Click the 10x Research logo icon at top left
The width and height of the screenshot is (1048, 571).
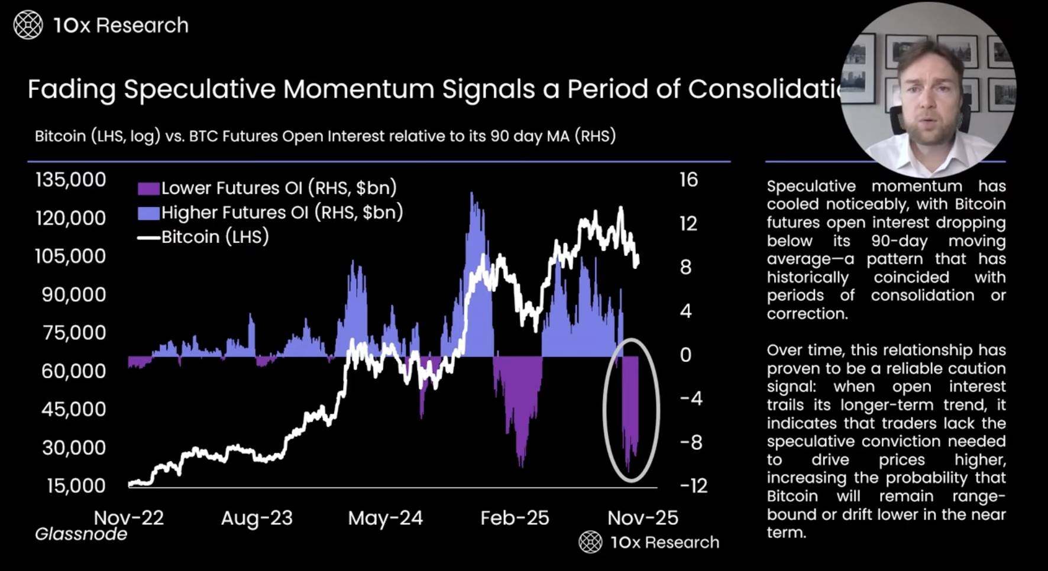(28, 25)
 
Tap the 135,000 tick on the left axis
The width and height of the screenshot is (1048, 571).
(71, 180)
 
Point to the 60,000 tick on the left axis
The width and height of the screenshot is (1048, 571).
(74, 371)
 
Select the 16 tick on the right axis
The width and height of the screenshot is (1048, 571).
(688, 180)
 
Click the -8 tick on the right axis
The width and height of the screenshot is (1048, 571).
(691, 442)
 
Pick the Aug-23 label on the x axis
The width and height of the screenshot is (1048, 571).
(257, 518)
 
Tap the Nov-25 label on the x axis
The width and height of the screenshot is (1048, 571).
(642, 518)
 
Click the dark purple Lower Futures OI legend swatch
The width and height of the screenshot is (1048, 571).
(148, 189)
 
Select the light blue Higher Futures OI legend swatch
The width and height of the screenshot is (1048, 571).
(148, 213)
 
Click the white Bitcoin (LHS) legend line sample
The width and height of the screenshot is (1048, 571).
(148, 238)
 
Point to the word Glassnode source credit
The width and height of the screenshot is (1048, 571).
(81, 534)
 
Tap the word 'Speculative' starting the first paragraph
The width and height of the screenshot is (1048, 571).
(811, 186)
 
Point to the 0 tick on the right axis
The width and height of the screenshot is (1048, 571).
(685, 355)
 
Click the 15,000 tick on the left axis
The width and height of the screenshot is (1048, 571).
(76, 486)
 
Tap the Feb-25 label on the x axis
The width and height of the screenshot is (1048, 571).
(515, 518)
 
